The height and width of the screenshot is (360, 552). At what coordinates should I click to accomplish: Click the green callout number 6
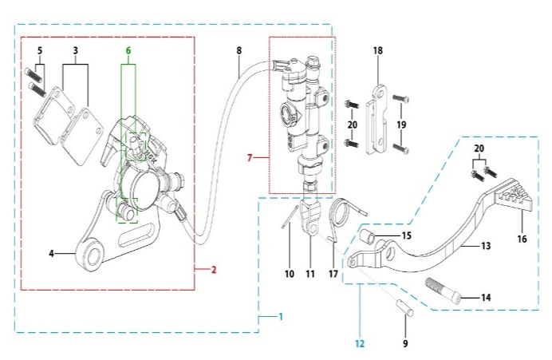[x=127, y=50]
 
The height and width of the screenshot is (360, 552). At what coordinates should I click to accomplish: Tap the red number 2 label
[x=213, y=270]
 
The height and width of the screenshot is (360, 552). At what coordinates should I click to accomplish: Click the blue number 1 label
[x=279, y=317]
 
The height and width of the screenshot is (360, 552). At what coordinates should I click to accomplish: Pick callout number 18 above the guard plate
[x=378, y=50]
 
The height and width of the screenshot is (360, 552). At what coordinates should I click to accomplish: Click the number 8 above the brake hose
[x=239, y=51]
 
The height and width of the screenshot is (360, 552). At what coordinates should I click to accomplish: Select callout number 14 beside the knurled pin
[x=485, y=297]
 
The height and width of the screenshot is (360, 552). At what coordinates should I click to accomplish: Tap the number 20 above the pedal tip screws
[x=480, y=149]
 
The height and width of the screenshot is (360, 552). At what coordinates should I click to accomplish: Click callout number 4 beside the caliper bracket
[x=52, y=254]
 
